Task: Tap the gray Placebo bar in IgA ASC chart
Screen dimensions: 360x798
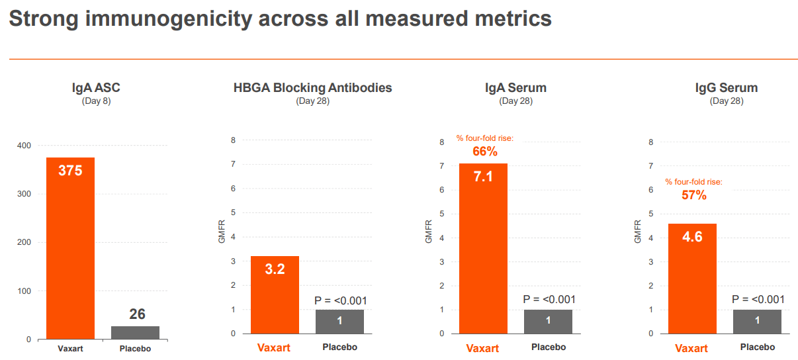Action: [x=135, y=333]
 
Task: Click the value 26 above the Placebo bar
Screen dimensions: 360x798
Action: [x=137, y=314]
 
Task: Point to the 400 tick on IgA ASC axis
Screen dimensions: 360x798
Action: [x=24, y=146]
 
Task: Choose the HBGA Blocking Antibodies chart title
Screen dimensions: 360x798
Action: [x=312, y=87]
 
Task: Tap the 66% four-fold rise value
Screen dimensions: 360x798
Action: [x=484, y=152]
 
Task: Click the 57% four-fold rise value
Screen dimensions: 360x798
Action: [x=694, y=195]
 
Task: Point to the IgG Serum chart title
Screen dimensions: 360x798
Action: [x=726, y=88]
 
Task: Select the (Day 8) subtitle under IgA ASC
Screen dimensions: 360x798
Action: [x=96, y=101]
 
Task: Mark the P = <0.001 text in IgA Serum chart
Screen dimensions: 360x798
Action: [x=549, y=299]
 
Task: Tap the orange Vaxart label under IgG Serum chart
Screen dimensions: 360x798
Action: [x=691, y=348]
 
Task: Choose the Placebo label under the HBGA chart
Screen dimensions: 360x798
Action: [x=339, y=347]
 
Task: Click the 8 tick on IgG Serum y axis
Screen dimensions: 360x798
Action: [x=651, y=142]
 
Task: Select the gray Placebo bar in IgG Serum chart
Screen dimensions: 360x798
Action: [x=757, y=322]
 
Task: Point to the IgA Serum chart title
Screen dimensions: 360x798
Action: [x=515, y=88]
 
